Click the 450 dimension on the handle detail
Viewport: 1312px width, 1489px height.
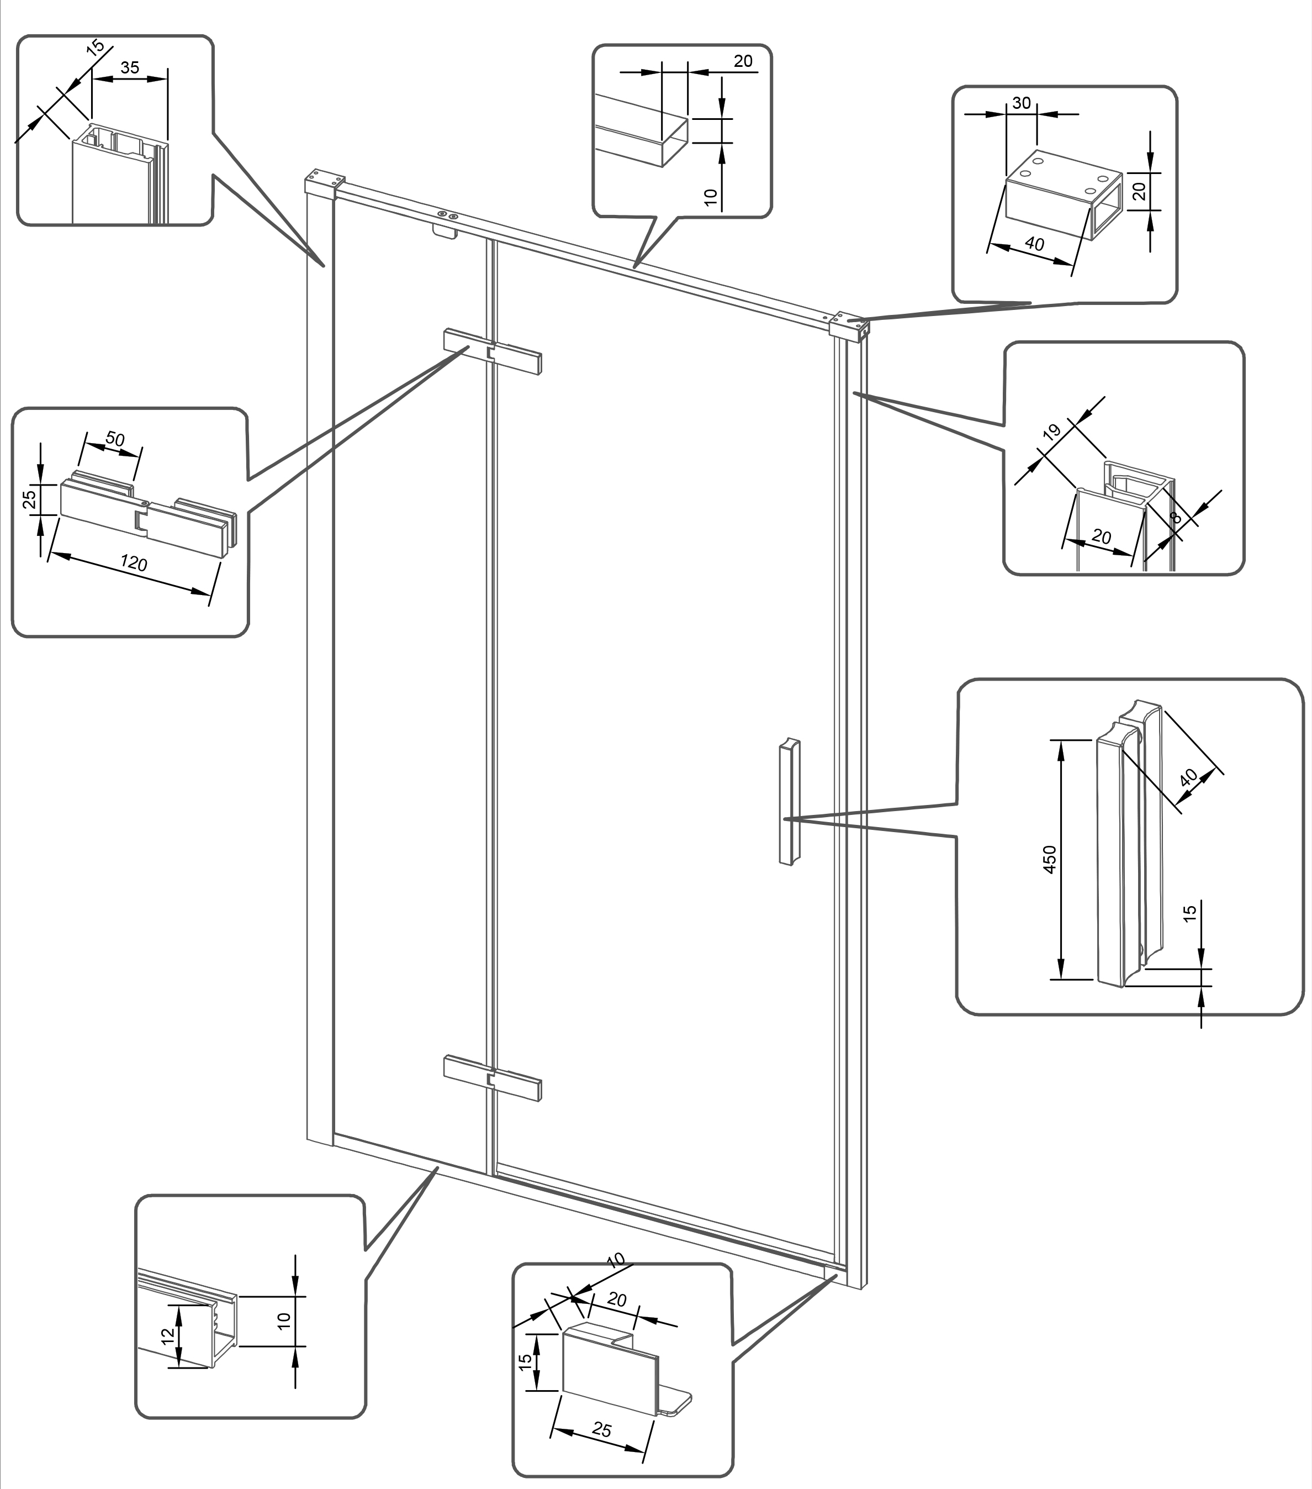click(x=1050, y=860)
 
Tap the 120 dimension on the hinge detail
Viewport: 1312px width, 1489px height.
click(x=134, y=563)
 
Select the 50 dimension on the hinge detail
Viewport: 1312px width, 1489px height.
click(x=115, y=439)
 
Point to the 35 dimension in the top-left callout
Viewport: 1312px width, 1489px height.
click(x=130, y=68)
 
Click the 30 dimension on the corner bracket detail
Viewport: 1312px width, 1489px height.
click(x=1022, y=103)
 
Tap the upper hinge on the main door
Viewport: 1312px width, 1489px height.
click(x=494, y=352)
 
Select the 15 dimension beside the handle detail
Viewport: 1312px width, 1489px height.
click(x=1189, y=913)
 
